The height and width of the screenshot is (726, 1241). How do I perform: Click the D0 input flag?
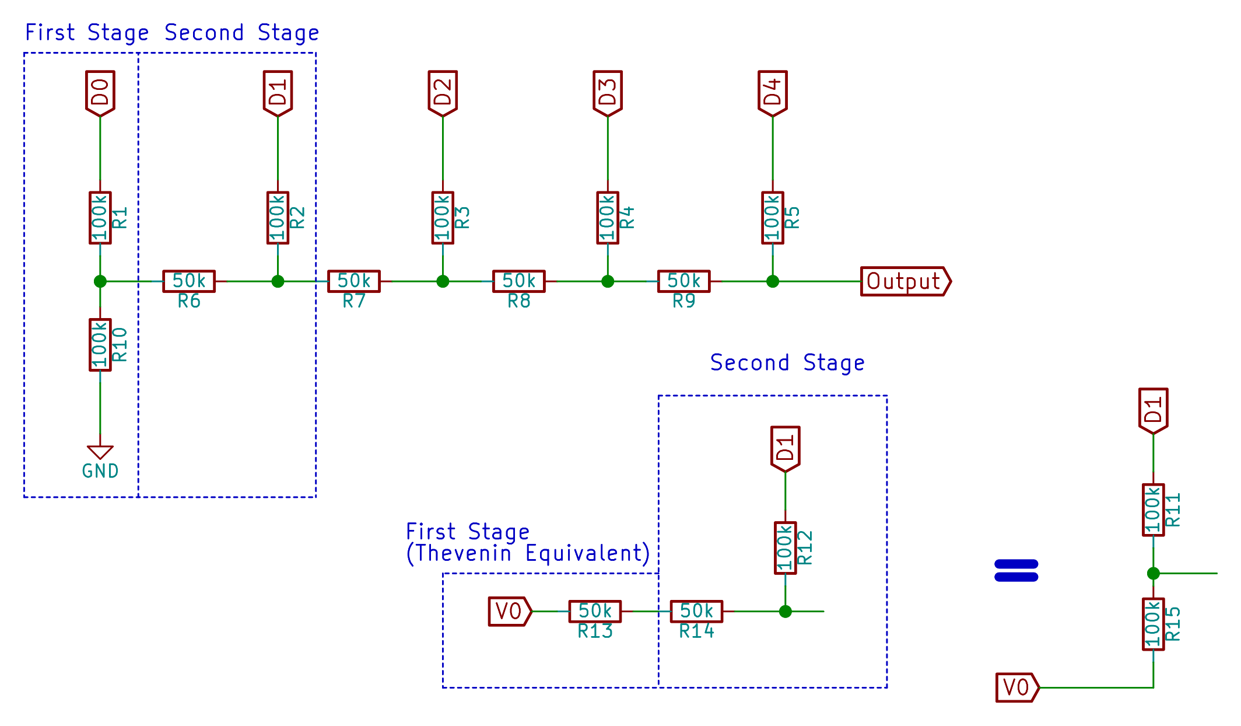tap(100, 93)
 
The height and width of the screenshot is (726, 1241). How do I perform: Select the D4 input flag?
tap(772, 93)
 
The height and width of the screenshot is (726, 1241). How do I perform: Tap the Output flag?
tap(905, 281)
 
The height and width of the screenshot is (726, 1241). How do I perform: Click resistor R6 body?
tap(189, 281)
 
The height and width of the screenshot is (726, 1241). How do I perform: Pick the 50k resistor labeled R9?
tap(683, 281)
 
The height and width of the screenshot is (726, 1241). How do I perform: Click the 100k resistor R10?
tap(100, 345)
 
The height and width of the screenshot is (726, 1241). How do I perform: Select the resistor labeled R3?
tap(443, 218)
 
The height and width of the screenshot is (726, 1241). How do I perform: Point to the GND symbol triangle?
tap(100, 452)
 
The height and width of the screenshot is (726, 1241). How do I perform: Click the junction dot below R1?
tap(100, 281)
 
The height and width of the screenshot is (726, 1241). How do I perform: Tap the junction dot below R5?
tap(772, 281)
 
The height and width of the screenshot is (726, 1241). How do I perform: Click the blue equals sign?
tap(1016, 571)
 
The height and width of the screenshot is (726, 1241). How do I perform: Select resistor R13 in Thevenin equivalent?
tap(595, 611)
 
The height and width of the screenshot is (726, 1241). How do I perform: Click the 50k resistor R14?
tap(696, 611)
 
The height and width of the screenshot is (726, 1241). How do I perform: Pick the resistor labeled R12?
tap(785, 548)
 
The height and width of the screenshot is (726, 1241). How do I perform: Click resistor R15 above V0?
tap(1153, 624)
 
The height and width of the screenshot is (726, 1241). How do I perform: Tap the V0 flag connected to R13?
tap(509, 611)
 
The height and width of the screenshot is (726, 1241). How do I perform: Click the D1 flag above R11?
tap(1153, 410)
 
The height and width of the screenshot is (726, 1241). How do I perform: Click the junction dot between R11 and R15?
tap(1153, 573)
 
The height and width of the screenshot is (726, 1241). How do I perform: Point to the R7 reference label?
tap(353, 301)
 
